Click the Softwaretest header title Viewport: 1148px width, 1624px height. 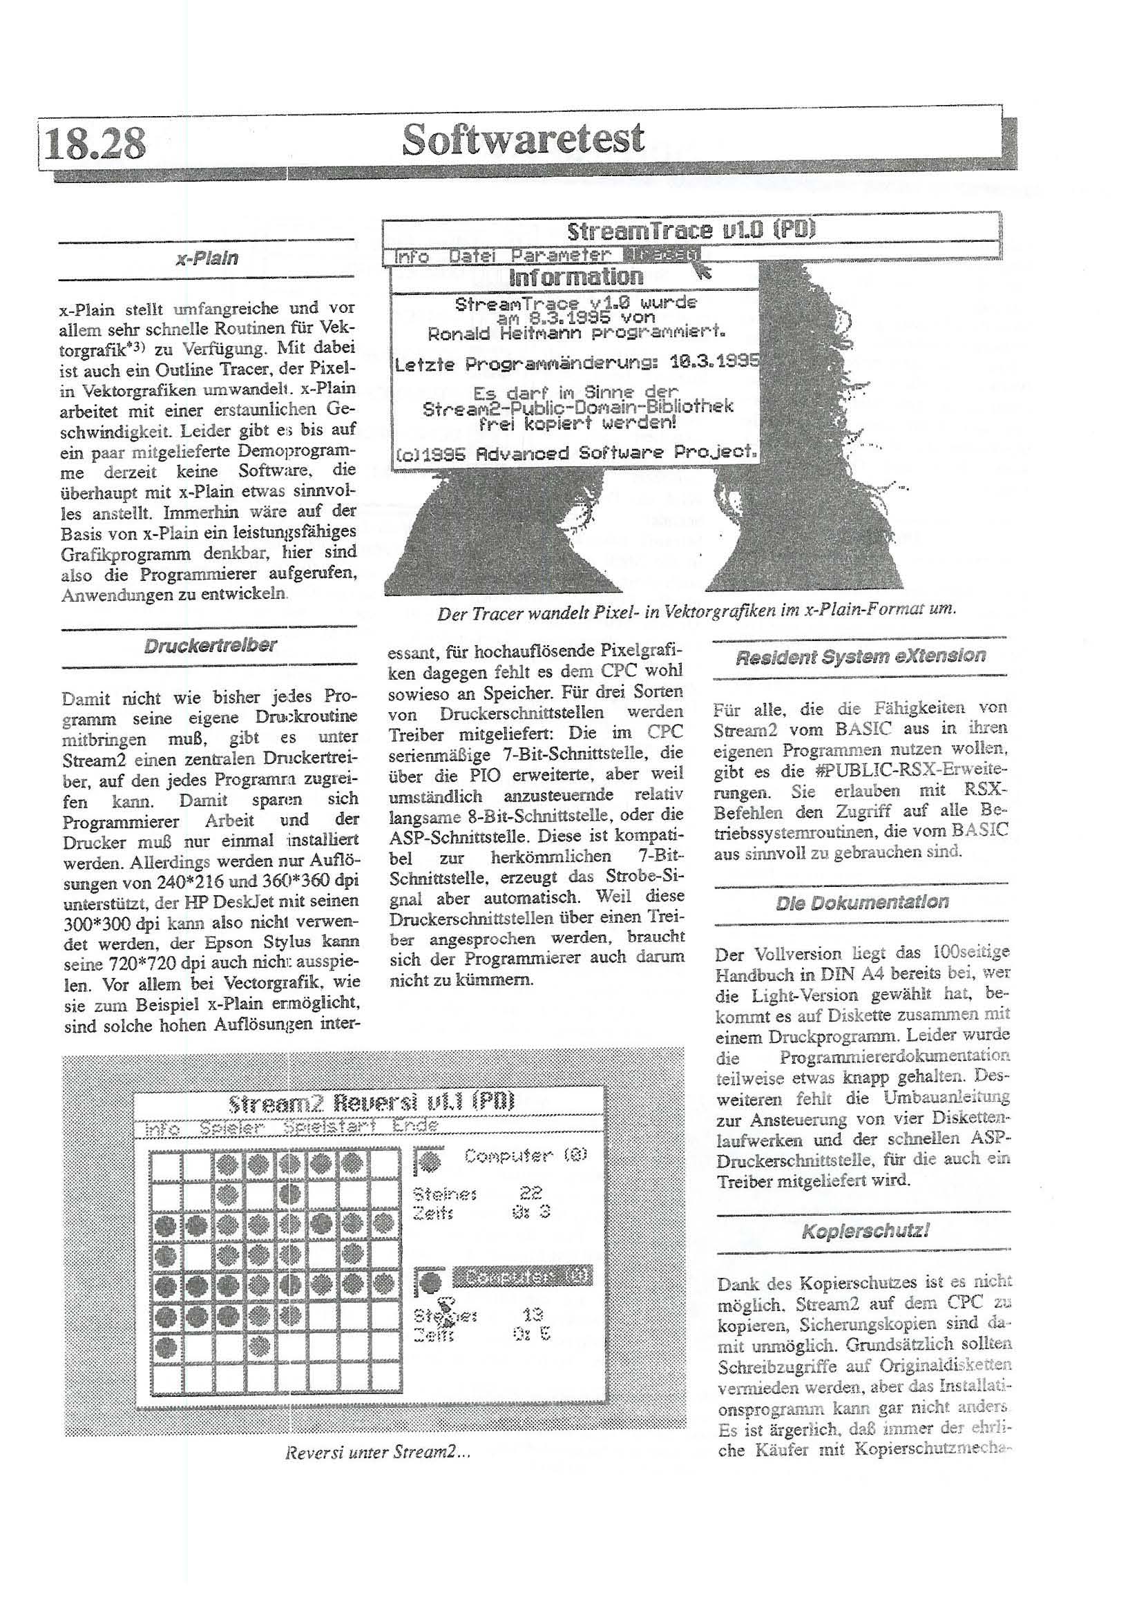pos(523,139)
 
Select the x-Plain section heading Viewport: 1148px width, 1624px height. pos(207,258)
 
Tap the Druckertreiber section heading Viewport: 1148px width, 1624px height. pos(210,646)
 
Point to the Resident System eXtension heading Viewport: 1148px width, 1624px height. pos(860,656)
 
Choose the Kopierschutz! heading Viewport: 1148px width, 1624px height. pos(864,1232)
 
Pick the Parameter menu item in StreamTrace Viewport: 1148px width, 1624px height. pos(560,255)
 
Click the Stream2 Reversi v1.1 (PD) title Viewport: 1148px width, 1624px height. pos(372,1102)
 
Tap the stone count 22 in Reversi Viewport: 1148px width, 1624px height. pos(530,1194)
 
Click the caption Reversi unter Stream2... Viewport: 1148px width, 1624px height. pos(377,1453)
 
